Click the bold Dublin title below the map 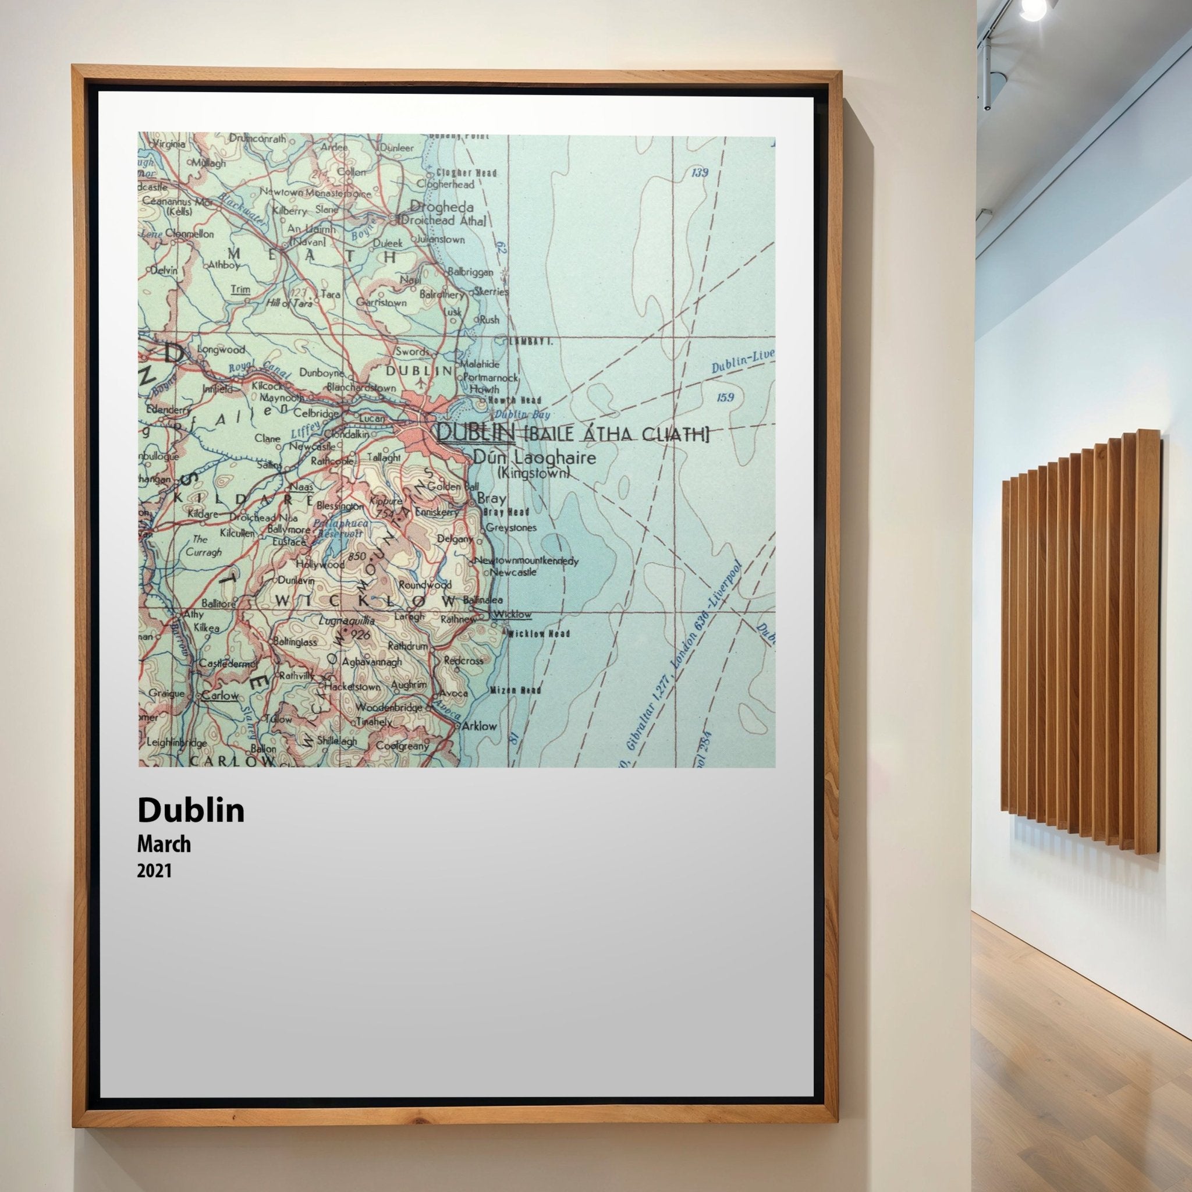(191, 810)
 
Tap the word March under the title (164, 844)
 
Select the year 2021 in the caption (154, 871)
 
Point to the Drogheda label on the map (442, 207)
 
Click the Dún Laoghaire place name (534, 458)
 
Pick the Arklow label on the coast (479, 726)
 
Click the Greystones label (511, 527)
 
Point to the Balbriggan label (470, 271)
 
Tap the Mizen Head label (516, 690)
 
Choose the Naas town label (301, 487)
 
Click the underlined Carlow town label (220, 696)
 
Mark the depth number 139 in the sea (700, 173)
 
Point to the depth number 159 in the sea (726, 397)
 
